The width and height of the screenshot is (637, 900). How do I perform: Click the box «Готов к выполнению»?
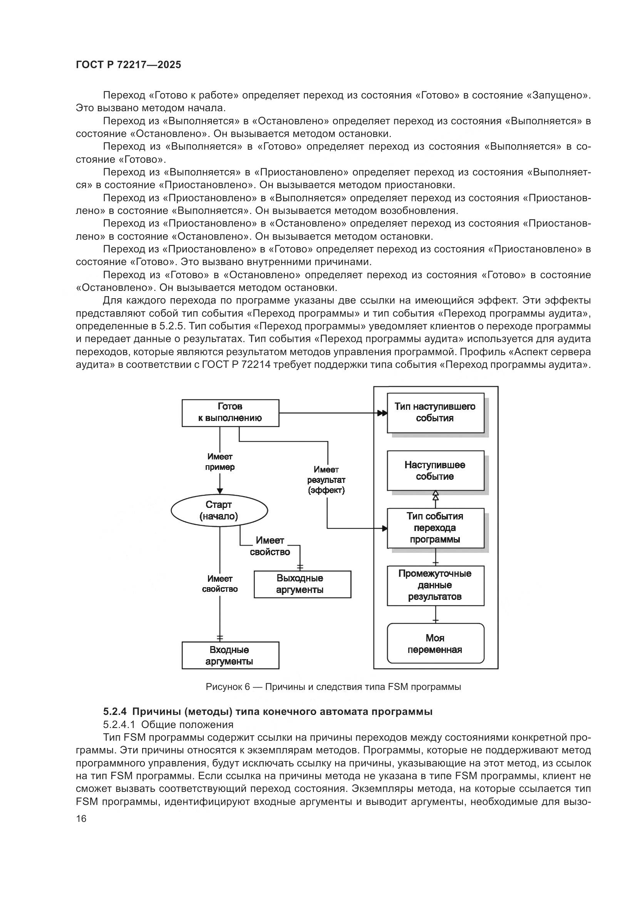click(230, 413)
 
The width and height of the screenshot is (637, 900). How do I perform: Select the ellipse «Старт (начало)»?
click(219, 510)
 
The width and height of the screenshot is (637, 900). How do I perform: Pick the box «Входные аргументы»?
click(230, 655)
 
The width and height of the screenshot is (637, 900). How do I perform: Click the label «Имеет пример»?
click(220, 462)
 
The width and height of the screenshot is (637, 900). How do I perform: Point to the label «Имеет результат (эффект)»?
click(326, 480)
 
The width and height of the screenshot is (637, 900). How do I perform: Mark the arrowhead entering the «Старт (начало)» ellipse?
click(220, 491)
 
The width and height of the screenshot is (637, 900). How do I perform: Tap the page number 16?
click(81, 819)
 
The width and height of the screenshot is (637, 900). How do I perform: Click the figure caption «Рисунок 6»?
click(228, 687)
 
